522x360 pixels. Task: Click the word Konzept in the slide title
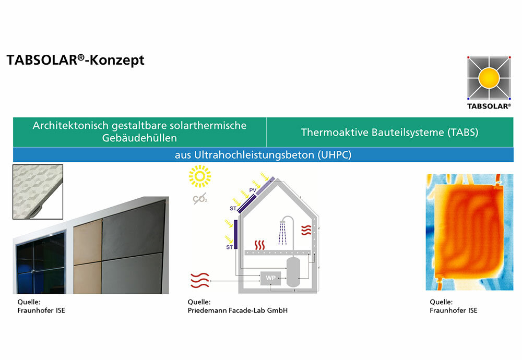click(x=117, y=60)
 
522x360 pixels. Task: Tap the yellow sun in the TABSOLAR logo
click(x=489, y=78)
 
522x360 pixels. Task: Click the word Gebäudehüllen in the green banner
click(x=139, y=138)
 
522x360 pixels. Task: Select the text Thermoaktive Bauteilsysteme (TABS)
click(x=390, y=132)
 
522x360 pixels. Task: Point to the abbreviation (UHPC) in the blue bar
click(x=335, y=155)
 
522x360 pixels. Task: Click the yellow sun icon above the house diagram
click(x=200, y=176)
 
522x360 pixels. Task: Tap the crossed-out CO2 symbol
click(x=200, y=199)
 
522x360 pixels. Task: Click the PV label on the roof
click(x=253, y=190)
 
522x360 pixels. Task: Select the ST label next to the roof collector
click(x=233, y=209)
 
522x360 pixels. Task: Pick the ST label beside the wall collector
click(x=229, y=247)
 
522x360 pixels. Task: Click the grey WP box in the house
click(x=270, y=278)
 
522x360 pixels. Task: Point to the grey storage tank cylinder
click(x=293, y=271)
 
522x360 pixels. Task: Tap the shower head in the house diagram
click(x=283, y=222)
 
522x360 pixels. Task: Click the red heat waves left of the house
click(x=200, y=280)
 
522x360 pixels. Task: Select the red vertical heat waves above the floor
click(x=259, y=245)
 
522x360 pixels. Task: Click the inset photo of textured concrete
click(x=38, y=192)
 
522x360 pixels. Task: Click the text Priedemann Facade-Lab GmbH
click(x=238, y=310)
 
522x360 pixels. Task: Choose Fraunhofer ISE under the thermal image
click(x=454, y=310)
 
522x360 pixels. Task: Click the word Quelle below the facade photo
click(x=29, y=302)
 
